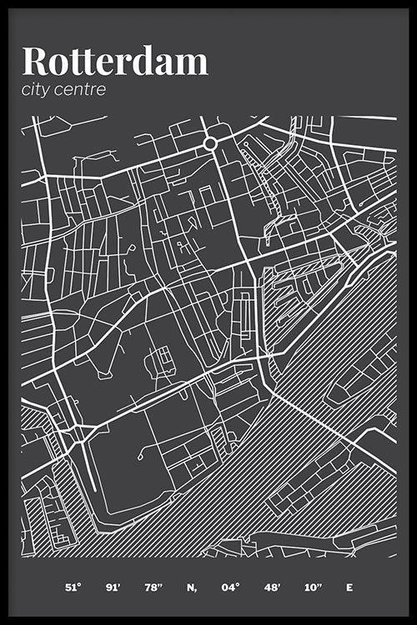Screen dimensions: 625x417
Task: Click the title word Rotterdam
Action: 114,62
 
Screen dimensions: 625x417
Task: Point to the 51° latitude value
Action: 73,587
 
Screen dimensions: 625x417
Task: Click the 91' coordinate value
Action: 113,587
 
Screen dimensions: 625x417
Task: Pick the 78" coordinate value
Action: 153,587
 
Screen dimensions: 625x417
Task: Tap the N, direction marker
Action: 192,587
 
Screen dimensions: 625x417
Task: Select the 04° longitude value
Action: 231,587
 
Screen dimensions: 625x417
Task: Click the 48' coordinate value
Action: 271,587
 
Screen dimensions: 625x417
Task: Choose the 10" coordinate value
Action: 312,587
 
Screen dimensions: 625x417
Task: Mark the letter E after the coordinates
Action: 349,587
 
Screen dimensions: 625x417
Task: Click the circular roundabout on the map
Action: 210,143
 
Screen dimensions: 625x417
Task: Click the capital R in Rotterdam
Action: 34,62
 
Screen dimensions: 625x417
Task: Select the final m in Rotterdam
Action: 192,64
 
